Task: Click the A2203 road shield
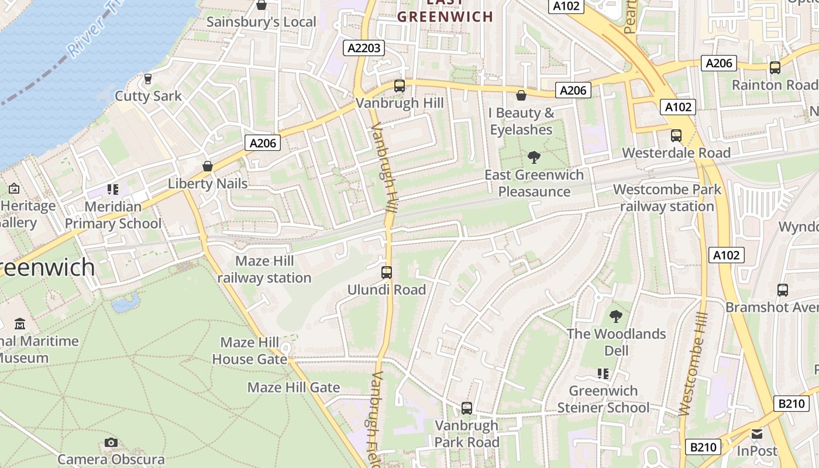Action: (364, 48)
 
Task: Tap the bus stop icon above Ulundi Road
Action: (386, 272)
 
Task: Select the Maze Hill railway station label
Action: (264, 269)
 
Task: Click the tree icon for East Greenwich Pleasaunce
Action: (534, 157)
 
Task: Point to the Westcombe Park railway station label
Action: (667, 198)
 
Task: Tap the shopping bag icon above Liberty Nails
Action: (207, 166)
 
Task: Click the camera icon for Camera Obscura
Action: (111, 442)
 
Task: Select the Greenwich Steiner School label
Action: (603, 399)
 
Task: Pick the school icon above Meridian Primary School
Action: (112, 189)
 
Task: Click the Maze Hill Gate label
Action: (294, 387)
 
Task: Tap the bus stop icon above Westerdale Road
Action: (676, 135)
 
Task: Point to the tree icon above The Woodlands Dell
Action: (615, 316)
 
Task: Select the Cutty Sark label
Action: (148, 96)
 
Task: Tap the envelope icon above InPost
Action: (757, 433)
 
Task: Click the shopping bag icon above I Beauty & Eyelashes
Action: (521, 95)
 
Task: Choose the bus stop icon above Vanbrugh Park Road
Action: (466, 408)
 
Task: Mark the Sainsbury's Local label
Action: (261, 22)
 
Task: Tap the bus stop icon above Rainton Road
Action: (775, 67)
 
